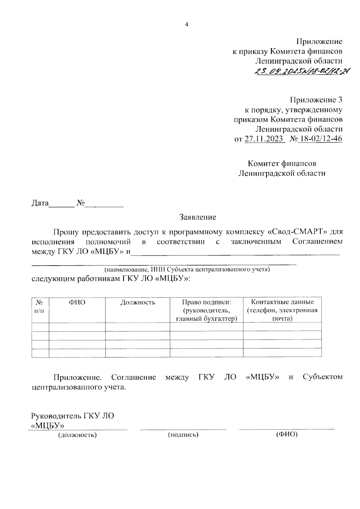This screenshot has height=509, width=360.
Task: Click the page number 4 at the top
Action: pyautogui.click(x=187, y=25)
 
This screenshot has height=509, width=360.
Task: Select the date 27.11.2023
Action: pyautogui.click(x=264, y=139)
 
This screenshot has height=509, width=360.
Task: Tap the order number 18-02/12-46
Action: pyautogui.click(x=319, y=139)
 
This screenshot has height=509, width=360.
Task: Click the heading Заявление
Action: pyautogui.click(x=198, y=217)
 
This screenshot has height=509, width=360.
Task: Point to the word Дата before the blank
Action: pyautogui.click(x=40, y=203)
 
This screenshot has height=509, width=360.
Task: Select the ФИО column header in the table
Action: pyautogui.click(x=77, y=302)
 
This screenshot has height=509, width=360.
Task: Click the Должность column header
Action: pyautogui.click(x=138, y=302)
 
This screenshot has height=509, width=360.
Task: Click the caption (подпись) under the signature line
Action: pyautogui.click(x=183, y=435)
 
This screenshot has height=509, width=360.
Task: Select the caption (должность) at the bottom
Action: pyautogui.click(x=77, y=435)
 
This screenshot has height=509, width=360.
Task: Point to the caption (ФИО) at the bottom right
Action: pyautogui.click(x=286, y=434)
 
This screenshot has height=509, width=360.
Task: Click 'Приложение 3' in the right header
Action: pyautogui.click(x=316, y=100)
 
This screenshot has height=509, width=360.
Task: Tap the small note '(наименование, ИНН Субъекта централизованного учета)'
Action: pyautogui.click(x=187, y=269)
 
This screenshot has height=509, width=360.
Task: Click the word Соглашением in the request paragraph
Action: pyautogui.click(x=317, y=242)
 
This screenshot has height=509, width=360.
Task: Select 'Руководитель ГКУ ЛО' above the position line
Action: pyautogui.click(x=73, y=416)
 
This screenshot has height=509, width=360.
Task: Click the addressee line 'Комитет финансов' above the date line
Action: pyautogui.click(x=282, y=164)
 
